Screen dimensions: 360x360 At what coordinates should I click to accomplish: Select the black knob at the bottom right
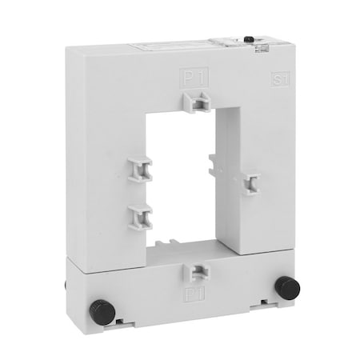click(x=285, y=286)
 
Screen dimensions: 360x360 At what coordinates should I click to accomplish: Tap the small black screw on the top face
click(x=250, y=38)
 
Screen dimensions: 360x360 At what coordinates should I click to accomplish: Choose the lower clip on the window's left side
click(x=140, y=214)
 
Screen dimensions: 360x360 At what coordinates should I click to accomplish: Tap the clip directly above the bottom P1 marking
click(x=192, y=272)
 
